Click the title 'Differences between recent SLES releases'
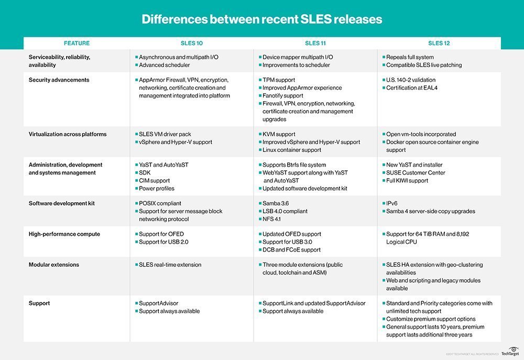261,20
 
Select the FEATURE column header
77,43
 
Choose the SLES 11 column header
315,43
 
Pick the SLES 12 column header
439,43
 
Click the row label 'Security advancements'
59,80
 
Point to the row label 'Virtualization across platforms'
68,134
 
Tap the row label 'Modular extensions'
53,265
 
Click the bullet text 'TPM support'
281,80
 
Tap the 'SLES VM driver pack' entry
166,134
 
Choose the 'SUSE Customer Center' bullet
416,173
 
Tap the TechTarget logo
509,351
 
